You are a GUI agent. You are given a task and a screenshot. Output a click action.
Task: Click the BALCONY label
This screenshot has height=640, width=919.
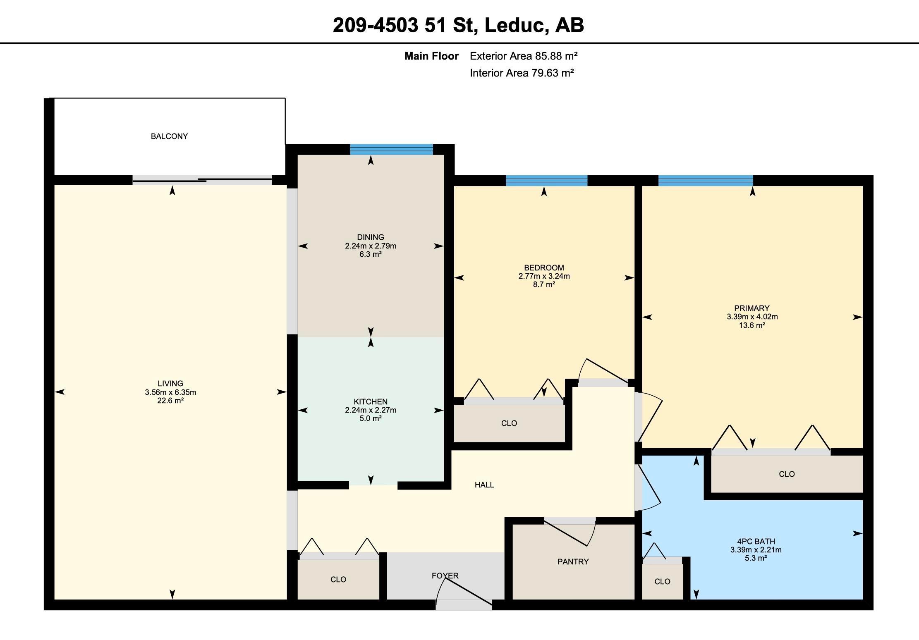click(169, 136)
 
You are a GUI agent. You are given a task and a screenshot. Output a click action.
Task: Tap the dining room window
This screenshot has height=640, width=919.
click(391, 149)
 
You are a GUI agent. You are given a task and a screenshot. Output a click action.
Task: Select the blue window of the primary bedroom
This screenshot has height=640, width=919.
click(706, 181)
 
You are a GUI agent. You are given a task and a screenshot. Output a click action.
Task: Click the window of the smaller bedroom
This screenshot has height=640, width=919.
click(546, 181)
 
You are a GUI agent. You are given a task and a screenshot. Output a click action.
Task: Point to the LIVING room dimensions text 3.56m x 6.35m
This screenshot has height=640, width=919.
click(170, 392)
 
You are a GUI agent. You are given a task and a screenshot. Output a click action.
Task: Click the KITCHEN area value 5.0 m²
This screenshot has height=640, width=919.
click(371, 418)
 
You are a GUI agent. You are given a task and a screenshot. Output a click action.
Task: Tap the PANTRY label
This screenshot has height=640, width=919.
click(573, 561)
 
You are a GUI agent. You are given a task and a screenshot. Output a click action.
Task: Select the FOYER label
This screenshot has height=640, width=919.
click(445, 576)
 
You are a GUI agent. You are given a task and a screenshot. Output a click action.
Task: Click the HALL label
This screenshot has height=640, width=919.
click(484, 485)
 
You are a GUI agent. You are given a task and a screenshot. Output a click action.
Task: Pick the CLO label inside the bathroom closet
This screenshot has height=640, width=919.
click(662, 582)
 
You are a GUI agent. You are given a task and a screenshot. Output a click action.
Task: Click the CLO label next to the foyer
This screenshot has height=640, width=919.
click(338, 580)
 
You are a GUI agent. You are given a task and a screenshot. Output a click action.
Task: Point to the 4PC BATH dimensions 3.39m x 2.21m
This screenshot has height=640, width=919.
click(756, 550)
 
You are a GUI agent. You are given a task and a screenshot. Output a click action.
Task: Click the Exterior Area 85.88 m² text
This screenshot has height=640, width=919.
click(524, 56)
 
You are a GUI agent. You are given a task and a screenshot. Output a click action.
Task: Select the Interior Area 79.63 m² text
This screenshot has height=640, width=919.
click(522, 73)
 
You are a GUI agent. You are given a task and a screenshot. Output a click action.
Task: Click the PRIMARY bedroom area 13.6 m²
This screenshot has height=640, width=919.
click(752, 325)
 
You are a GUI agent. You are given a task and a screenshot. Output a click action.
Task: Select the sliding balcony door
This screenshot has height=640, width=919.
click(202, 180)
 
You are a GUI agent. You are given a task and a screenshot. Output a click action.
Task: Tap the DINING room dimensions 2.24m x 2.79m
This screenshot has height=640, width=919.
click(371, 246)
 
